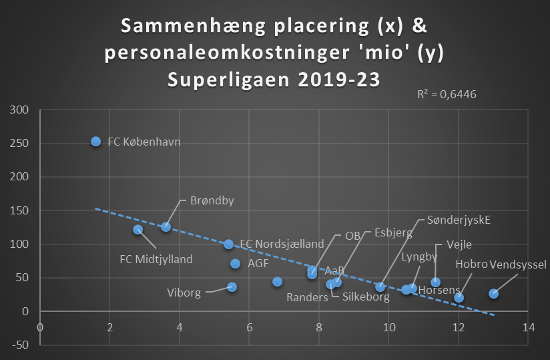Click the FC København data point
tap(95, 141)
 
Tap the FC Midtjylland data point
tap(137, 229)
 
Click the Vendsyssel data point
tap(493, 293)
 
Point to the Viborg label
tap(184, 293)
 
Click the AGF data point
tap(235, 263)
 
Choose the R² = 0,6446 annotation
tap(447, 94)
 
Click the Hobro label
tap(471, 264)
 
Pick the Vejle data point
tap(435, 282)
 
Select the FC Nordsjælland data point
tap(228, 244)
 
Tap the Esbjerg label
tap(393, 233)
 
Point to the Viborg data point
tap(232, 287)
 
